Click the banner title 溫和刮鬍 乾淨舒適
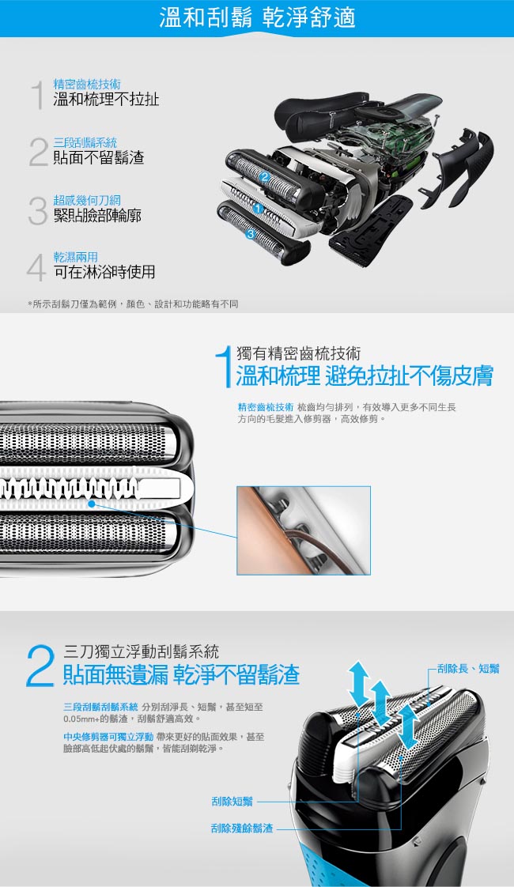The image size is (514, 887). click(257, 17)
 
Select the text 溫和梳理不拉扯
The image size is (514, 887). click(106, 100)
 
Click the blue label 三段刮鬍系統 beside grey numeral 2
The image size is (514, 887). click(85, 142)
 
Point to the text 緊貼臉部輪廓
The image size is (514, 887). click(97, 215)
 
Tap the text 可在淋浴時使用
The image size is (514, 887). click(104, 272)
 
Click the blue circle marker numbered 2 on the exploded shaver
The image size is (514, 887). click(264, 178)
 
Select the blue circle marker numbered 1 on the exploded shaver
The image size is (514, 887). click(258, 209)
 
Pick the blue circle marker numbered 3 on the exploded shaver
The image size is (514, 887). click(250, 234)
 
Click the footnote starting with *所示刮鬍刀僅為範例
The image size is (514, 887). click(133, 304)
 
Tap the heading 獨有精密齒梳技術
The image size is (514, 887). click(298, 354)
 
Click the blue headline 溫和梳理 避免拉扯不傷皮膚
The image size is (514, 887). click(365, 376)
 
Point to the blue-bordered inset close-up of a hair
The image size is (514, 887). click(304, 530)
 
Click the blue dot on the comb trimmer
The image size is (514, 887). click(91, 503)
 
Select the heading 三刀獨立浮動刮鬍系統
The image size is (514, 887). click(141, 651)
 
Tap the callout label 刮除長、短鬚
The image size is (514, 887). click(468, 669)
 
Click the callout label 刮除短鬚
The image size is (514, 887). click(232, 802)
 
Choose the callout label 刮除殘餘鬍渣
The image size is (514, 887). click(242, 828)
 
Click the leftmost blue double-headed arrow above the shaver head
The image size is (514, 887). click(357, 683)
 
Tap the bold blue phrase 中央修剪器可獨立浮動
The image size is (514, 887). click(108, 737)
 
